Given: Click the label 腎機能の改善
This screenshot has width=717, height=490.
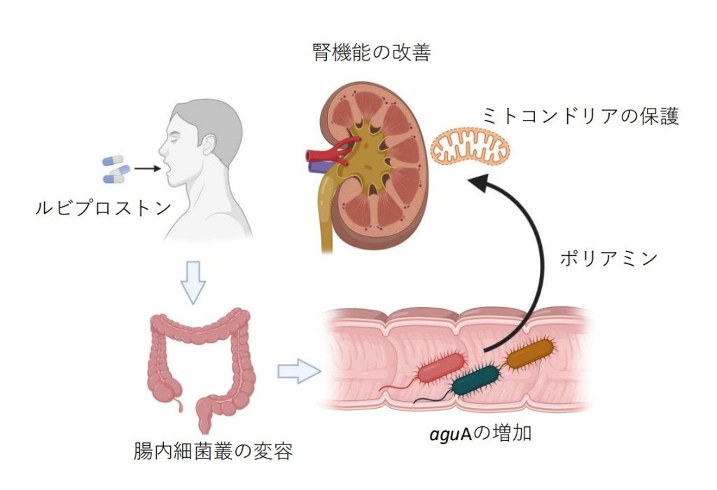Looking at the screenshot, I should point(370,53).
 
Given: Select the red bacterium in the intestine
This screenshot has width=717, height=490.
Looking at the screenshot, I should point(441,368).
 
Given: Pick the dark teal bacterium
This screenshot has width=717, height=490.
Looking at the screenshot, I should point(478,381).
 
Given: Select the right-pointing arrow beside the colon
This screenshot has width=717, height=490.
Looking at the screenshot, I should point(298,370).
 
